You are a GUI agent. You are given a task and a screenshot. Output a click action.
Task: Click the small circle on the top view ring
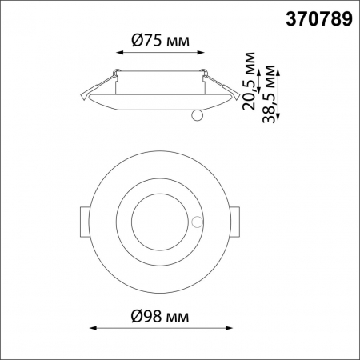click(x=198, y=221)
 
